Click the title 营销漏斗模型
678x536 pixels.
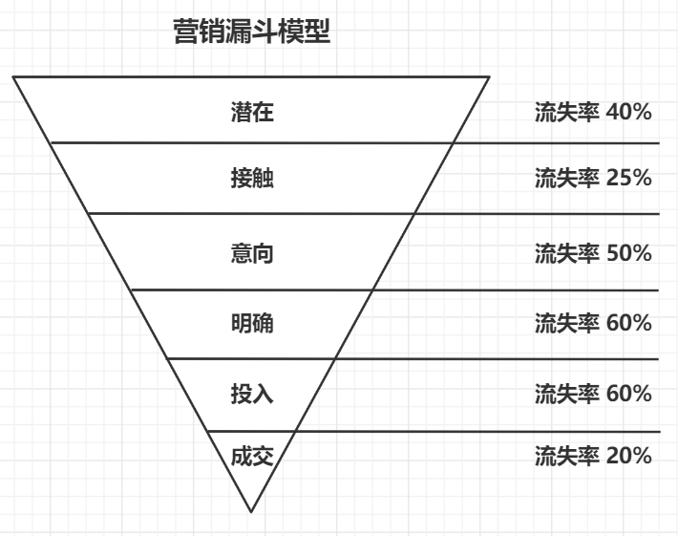tap(252, 32)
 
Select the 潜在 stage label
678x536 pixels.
tap(252, 112)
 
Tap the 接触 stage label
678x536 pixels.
tap(252, 178)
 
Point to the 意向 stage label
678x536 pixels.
tap(252, 253)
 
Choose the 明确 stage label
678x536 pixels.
tap(252, 323)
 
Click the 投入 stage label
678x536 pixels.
tap(252, 394)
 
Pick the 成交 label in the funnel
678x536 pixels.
tap(252, 456)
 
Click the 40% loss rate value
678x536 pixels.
tap(628, 112)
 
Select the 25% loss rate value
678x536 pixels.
tap(628, 178)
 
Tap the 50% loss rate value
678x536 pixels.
tap(628, 253)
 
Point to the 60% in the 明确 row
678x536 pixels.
tap(628, 323)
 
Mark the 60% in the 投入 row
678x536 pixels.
tap(628, 394)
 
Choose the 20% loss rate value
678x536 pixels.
tap(628, 456)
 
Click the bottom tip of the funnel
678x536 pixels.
tap(251, 512)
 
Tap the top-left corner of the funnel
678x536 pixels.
tap(13, 77)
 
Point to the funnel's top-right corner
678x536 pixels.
tap(489, 77)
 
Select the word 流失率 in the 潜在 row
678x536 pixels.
tap(567, 112)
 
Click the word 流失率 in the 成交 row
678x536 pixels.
tap(567, 456)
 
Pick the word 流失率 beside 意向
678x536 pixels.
tap(567, 253)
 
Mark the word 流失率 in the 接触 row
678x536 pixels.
tap(567, 178)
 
